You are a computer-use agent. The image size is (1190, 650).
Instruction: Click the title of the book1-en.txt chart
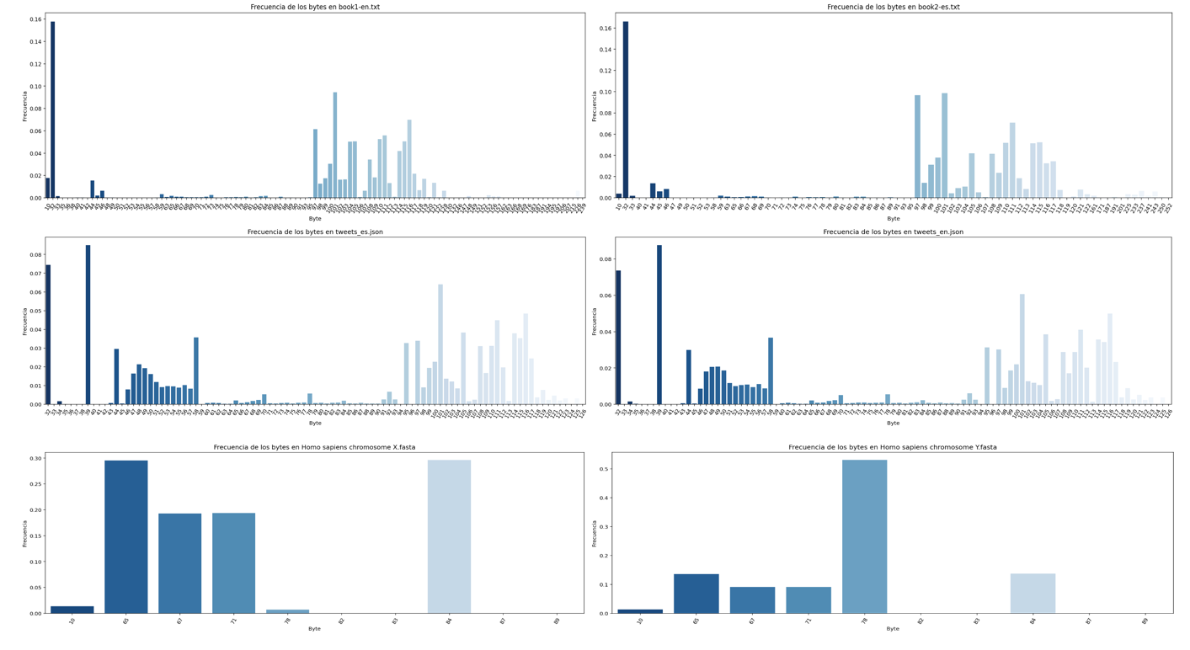[314, 7]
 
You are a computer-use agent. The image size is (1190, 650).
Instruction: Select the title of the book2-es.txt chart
[893, 7]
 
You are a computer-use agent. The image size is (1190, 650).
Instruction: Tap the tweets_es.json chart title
[314, 232]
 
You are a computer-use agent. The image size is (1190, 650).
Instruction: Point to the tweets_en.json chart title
[893, 232]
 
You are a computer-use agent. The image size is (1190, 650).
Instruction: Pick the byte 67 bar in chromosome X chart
[179, 563]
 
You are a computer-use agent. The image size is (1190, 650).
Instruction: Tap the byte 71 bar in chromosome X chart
[233, 563]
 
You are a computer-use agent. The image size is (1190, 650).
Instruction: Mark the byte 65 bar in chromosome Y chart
[696, 593]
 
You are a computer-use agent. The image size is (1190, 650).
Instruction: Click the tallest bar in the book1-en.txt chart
[52, 109]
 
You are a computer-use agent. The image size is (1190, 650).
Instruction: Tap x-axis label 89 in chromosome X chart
[557, 622]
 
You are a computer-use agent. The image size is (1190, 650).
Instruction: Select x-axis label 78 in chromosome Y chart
[864, 622]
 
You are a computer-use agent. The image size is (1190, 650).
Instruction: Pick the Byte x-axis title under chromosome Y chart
[893, 628]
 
